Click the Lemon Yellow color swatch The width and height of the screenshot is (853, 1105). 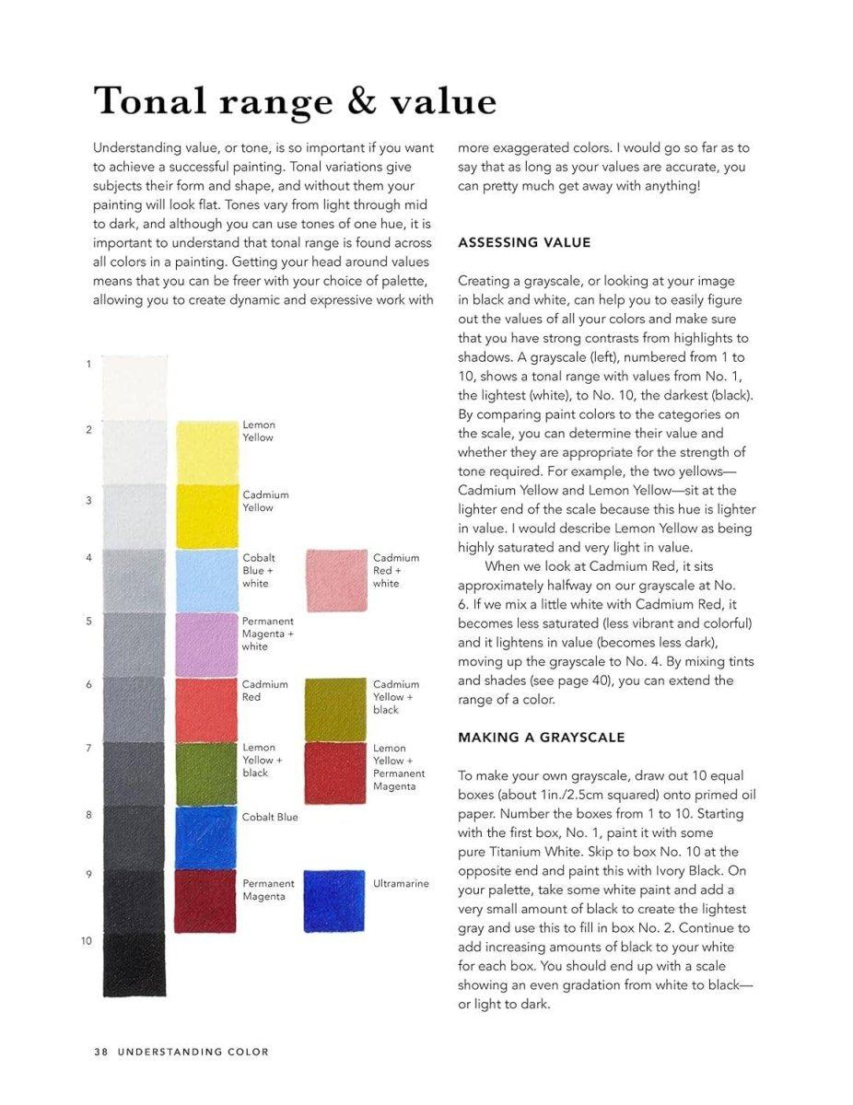[x=206, y=452]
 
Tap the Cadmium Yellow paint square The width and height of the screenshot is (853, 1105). [x=206, y=516]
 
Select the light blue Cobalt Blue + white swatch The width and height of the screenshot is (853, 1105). [x=206, y=580]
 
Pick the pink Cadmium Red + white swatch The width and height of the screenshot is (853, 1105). [x=336, y=580]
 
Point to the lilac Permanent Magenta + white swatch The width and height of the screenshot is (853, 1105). [x=206, y=645]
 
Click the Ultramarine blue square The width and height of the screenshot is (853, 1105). [x=334, y=901]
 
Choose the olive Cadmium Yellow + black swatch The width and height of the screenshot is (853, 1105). [x=335, y=709]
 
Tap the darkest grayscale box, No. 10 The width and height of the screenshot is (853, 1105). [x=134, y=964]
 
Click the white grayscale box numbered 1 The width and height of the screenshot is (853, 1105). [x=134, y=388]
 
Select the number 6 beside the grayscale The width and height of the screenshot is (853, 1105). [x=88, y=684]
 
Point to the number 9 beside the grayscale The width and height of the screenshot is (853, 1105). [x=88, y=874]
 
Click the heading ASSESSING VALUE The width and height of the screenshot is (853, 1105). [x=524, y=243]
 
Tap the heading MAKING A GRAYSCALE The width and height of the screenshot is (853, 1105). [x=541, y=738]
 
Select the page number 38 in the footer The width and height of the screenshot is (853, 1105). [x=99, y=1052]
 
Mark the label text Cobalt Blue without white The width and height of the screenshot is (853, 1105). [x=270, y=817]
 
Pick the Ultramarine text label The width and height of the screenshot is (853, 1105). [x=401, y=883]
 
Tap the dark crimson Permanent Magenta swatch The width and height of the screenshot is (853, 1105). [x=205, y=901]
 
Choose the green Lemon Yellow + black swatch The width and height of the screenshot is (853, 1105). [x=206, y=773]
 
